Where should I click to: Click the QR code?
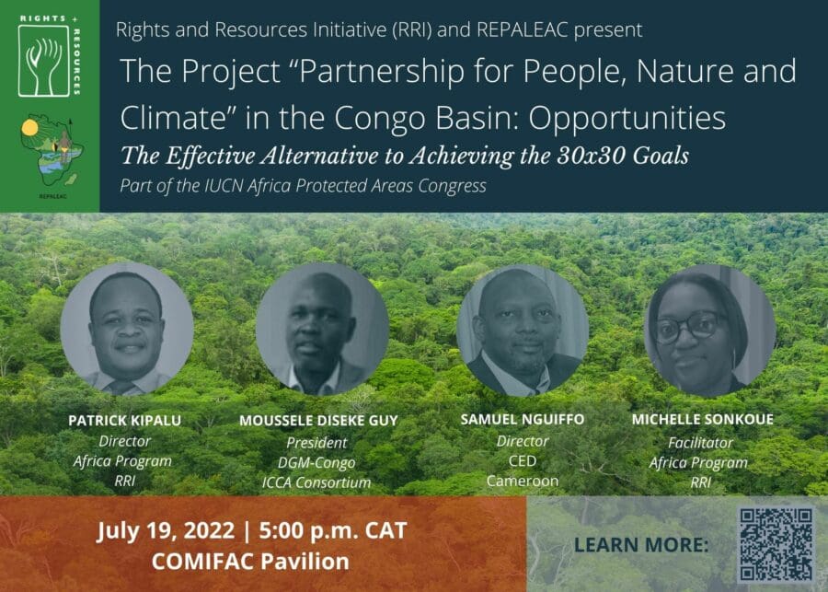(x=776, y=544)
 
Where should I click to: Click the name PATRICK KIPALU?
(x=124, y=421)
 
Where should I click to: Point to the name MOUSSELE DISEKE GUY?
(x=318, y=421)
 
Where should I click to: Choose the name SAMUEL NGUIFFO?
(x=523, y=420)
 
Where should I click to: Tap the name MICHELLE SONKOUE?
(x=703, y=420)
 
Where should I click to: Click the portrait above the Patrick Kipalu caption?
(x=127, y=330)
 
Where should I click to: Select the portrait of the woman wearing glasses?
(x=710, y=331)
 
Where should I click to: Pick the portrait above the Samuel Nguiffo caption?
(x=523, y=331)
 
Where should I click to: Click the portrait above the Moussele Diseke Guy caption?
(x=322, y=330)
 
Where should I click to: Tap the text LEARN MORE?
(x=641, y=545)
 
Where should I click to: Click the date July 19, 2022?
(x=166, y=530)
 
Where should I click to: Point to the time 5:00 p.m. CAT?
(x=333, y=530)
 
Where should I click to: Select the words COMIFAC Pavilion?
(x=250, y=562)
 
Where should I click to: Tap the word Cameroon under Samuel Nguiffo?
(x=523, y=481)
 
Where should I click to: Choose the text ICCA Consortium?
(x=316, y=482)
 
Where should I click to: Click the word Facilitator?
(x=701, y=443)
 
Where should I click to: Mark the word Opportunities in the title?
(x=627, y=119)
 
